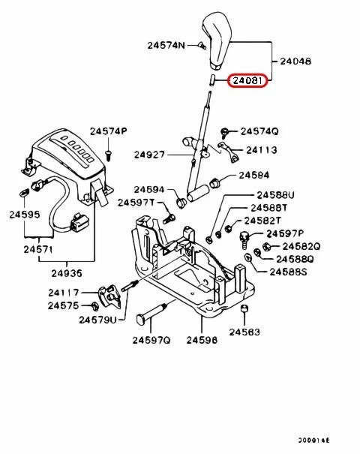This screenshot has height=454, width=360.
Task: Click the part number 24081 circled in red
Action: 248,78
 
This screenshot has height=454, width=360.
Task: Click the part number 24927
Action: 150,155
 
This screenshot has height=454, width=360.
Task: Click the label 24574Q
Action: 260,131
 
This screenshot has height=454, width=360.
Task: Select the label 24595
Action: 24,215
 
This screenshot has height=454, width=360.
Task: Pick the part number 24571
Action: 37,248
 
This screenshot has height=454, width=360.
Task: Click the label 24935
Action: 66,274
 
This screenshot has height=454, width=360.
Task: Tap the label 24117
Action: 64,293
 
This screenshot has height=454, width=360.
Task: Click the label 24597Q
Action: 152,340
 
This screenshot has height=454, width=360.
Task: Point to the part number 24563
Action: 244,331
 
